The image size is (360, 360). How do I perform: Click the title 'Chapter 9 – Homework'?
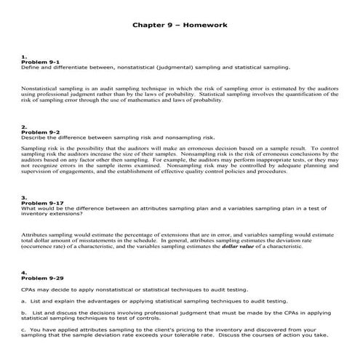pyautogui.click(x=180, y=24)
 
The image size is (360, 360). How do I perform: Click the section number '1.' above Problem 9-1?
pyautogui.click(x=24, y=57)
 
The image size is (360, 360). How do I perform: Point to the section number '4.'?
pyautogui.click(x=24, y=273)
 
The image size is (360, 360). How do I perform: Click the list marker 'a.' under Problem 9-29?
pyautogui.click(x=24, y=300)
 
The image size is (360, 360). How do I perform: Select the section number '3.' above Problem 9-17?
pyautogui.click(x=24, y=197)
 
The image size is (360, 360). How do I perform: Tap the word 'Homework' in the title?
pyautogui.click(x=209, y=24)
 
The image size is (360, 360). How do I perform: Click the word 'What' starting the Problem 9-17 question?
pyautogui.click(x=28, y=208)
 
